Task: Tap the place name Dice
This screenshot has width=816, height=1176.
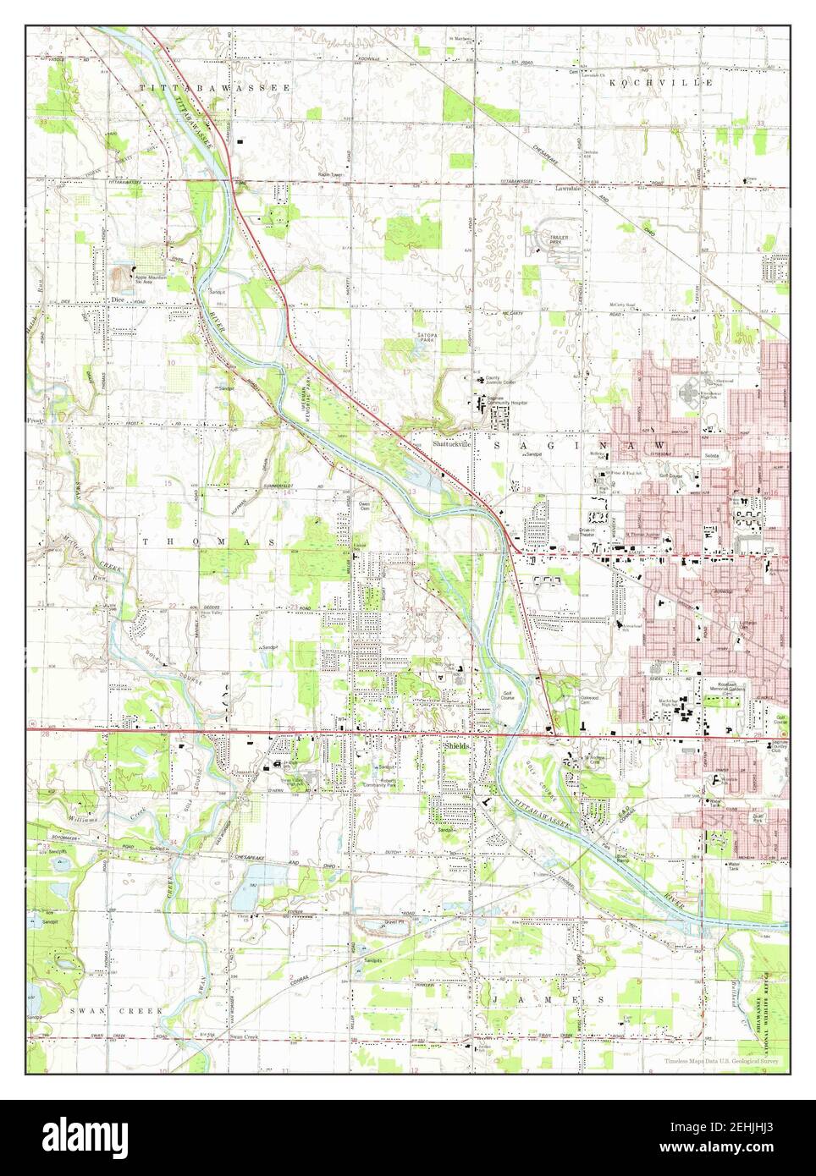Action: pyautogui.click(x=116, y=299)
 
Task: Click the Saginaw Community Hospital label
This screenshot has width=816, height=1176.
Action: pyautogui.click(x=506, y=401)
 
